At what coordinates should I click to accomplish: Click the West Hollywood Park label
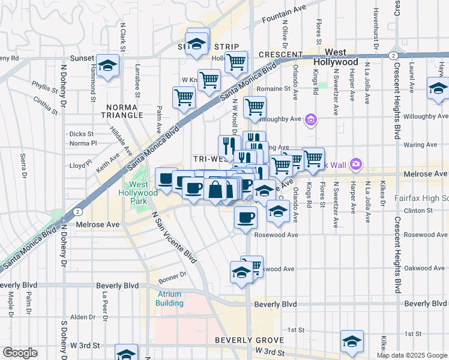[x=140, y=193]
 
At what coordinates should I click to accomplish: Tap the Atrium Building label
[x=170, y=298]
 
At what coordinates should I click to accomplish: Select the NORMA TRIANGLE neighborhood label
[x=123, y=111]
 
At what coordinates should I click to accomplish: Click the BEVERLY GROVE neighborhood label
[x=244, y=340]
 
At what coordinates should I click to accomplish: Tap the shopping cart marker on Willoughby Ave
[x=255, y=107]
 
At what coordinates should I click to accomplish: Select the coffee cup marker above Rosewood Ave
[x=245, y=217]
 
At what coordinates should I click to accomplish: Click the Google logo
[x=20, y=353]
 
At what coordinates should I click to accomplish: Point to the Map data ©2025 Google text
[x=412, y=355]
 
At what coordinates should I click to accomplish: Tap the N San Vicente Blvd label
[x=174, y=238]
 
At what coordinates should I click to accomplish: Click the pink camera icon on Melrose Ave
[x=356, y=163]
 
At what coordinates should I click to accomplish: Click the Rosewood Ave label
[x=276, y=235]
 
